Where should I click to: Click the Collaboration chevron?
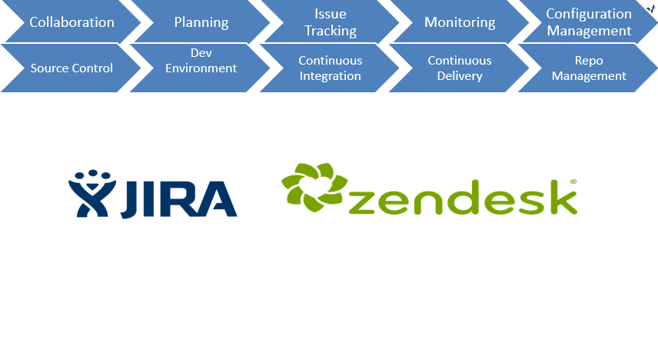pyautogui.click(x=71, y=22)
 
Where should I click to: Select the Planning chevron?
pyautogui.click(x=201, y=22)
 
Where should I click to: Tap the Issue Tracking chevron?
pyautogui.click(x=331, y=22)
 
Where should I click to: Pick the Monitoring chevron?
pyautogui.click(x=460, y=22)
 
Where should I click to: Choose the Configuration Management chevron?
pyautogui.click(x=589, y=22)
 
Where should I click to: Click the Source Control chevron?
pyautogui.click(x=71, y=68)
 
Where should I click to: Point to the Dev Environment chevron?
pyautogui.click(x=201, y=68)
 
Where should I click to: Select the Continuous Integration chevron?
pyautogui.click(x=331, y=68)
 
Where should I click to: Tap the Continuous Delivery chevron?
pyautogui.click(x=460, y=68)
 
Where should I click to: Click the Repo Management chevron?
pyautogui.click(x=589, y=68)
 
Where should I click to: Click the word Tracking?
pyautogui.click(x=331, y=31)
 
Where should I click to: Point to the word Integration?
pyautogui.click(x=331, y=76)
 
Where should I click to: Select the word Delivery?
pyautogui.click(x=460, y=76)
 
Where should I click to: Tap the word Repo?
pyautogui.click(x=589, y=61)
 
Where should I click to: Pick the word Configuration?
pyautogui.click(x=589, y=14)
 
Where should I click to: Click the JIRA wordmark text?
pyautogui.click(x=179, y=199)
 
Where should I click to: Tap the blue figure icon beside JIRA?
pyautogui.click(x=92, y=194)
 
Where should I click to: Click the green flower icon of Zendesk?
pyautogui.click(x=314, y=187)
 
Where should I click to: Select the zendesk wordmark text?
pyautogui.click(x=463, y=198)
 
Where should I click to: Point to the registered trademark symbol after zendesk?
pyautogui.click(x=573, y=182)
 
